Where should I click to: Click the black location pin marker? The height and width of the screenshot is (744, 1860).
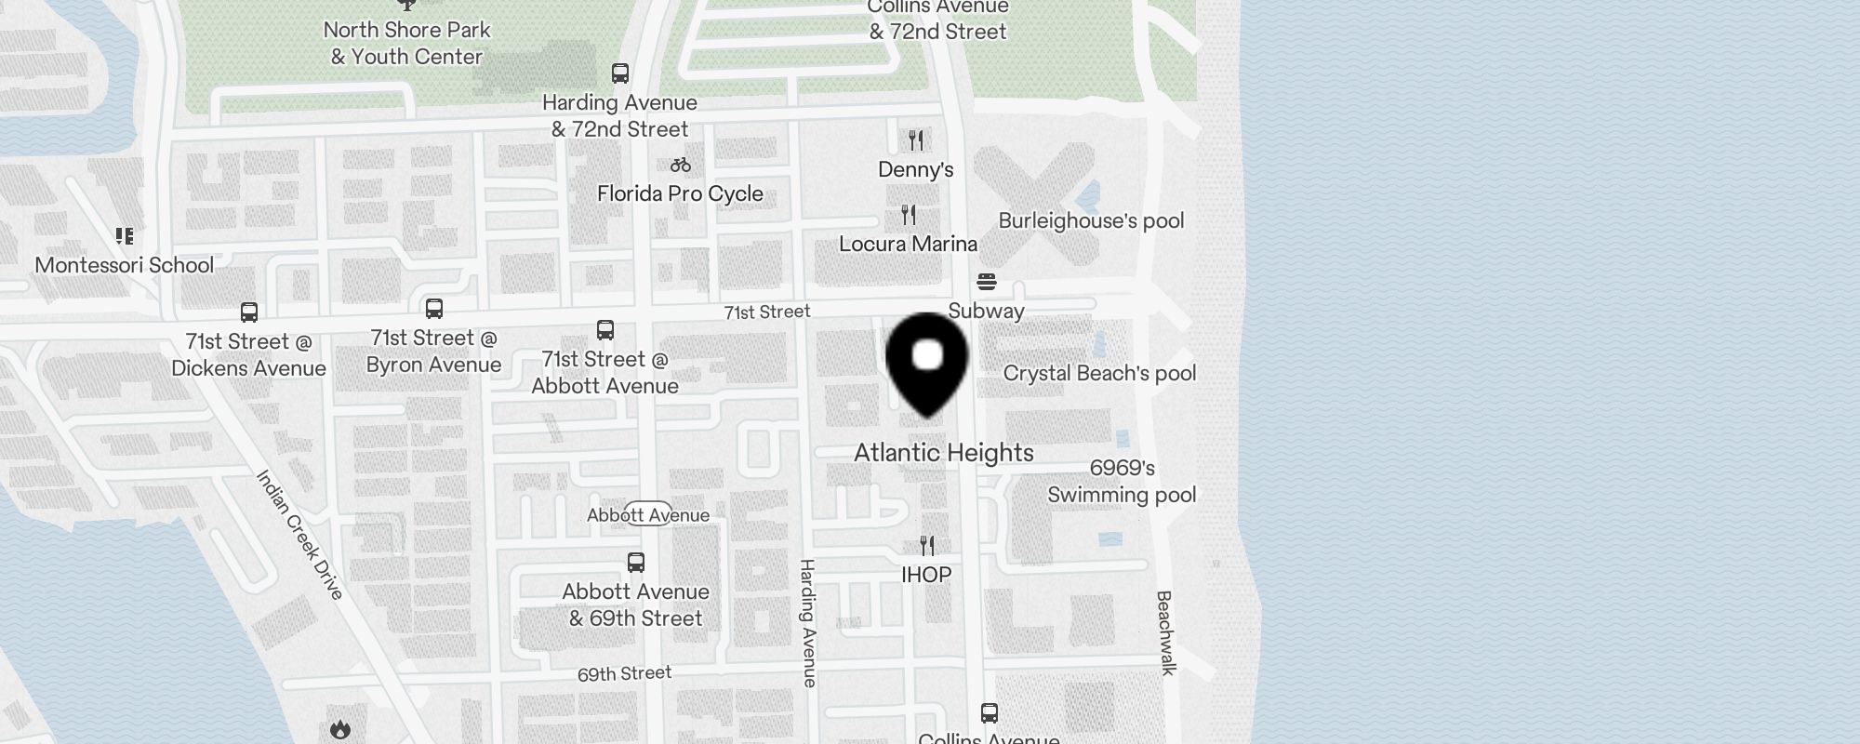click(927, 363)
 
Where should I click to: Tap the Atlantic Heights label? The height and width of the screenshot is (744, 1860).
click(944, 453)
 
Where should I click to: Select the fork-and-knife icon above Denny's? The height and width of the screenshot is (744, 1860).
click(916, 140)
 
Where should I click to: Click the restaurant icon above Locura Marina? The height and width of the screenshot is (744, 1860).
click(909, 215)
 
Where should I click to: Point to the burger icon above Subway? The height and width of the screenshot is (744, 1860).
click(987, 282)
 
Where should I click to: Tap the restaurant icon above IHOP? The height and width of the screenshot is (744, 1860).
click(926, 545)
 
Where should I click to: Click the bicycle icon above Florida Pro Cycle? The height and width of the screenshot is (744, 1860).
click(681, 166)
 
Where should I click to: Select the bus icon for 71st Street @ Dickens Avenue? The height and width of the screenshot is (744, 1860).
click(249, 312)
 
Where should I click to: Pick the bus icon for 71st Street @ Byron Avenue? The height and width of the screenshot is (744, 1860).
click(434, 309)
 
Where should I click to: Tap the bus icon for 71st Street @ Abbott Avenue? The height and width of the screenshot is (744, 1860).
click(605, 330)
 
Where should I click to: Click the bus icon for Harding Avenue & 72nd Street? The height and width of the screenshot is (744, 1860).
click(620, 73)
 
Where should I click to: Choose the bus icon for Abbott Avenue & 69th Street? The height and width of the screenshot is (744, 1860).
click(636, 563)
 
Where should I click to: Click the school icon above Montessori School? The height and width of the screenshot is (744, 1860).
click(125, 236)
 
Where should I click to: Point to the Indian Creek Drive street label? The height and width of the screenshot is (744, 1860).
click(300, 535)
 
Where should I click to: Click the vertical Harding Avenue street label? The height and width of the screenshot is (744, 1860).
click(808, 623)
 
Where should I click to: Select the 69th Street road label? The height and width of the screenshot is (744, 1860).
click(624, 673)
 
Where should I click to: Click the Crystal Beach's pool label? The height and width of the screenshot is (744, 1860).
click(1099, 374)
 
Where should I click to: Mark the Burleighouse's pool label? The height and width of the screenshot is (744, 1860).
click(1091, 221)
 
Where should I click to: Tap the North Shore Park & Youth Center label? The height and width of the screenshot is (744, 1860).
click(407, 43)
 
